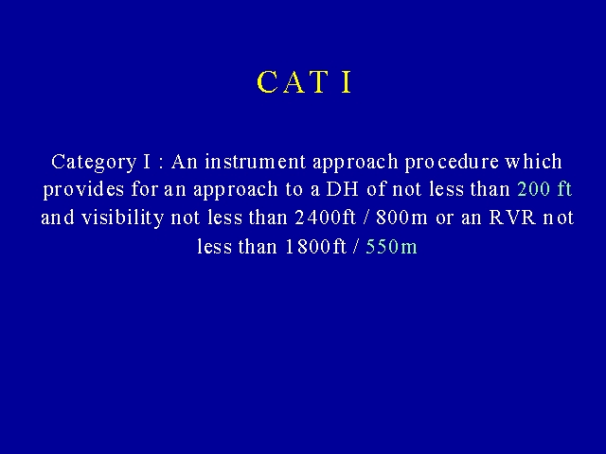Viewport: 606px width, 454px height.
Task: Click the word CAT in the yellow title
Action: point(293,82)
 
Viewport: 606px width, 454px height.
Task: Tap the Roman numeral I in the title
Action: point(347,82)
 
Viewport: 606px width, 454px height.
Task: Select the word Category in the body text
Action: point(94,162)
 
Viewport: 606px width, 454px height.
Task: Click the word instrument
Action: point(256,162)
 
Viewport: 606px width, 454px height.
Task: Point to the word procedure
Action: point(452,162)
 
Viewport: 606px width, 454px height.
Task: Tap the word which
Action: point(533,162)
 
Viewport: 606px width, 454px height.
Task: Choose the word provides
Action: point(83,189)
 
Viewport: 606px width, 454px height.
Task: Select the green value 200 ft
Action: point(544,189)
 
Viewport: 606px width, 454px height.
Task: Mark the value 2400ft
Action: point(326,218)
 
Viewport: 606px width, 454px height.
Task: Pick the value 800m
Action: point(401,218)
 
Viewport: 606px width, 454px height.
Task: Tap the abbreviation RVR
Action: point(512,218)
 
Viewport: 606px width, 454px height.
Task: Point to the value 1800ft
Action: point(315,247)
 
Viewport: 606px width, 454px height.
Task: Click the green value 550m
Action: point(391,247)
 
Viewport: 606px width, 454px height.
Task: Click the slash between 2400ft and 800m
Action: point(365,218)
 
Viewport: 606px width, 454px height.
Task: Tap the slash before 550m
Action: point(356,247)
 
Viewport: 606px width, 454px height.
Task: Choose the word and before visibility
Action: point(58,218)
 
